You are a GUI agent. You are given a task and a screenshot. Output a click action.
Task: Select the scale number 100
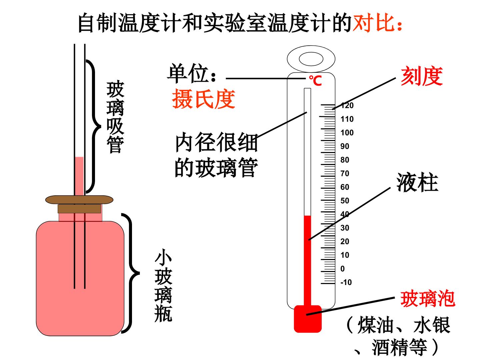coord(347,133)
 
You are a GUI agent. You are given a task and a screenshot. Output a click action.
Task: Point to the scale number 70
coord(345,174)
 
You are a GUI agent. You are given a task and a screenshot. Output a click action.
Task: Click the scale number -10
coord(346,282)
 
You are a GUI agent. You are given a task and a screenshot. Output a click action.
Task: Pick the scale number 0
coord(342,269)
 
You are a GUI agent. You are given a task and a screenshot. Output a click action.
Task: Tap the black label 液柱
coord(417,182)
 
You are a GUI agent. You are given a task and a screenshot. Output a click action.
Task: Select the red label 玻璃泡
coord(428,299)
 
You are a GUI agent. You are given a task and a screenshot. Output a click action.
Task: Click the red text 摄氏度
coord(204,99)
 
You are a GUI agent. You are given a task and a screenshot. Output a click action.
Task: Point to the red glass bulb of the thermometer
coord(308,319)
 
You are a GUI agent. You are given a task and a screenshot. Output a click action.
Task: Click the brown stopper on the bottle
coord(79,204)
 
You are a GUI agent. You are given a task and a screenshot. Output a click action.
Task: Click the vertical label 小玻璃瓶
coord(163,288)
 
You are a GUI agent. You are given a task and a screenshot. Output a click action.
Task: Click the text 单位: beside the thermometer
coord(192,73)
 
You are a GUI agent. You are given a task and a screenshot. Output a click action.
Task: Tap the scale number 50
coord(345,201)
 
